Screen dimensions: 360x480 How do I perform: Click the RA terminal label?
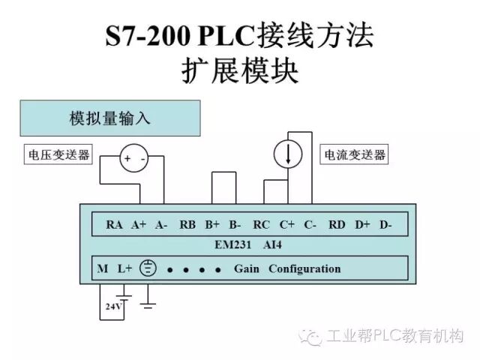[x=114, y=224]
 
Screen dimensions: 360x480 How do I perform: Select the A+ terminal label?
[x=139, y=224]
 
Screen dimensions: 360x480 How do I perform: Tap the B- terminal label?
[x=235, y=224]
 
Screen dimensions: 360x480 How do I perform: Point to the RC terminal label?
[x=262, y=224]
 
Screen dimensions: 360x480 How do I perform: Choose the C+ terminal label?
[x=287, y=224]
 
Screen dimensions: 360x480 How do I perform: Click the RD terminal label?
[x=337, y=224]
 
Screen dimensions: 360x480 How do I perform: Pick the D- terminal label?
[x=385, y=224]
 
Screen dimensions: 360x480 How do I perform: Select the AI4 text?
[x=272, y=244]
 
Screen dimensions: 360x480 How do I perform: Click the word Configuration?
[x=304, y=268]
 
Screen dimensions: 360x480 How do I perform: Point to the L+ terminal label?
[x=124, y=268]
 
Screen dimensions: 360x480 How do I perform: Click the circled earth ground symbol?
[x=148, y=268]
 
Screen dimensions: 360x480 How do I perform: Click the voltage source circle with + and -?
[x=134, y=158]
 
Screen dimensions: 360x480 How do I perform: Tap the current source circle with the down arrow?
[x=288, y=154]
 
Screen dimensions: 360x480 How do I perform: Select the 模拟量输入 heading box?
[x=110, y=118]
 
